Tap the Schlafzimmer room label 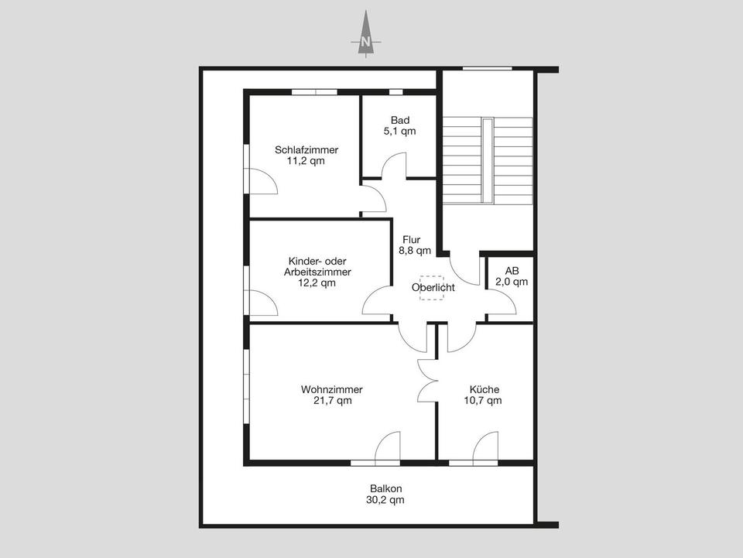coord(306,150)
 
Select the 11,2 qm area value coord(306,162)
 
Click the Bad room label coord(399,120)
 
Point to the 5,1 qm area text coord(399,132)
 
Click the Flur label coord(412,239)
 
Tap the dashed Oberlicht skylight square coord(432,287)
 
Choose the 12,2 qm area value coord(317,283)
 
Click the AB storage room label coord(512,271)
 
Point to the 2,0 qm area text coord(512,282)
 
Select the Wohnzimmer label coord(332,389)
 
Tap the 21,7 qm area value coord(332,401)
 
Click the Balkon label coord(385,488)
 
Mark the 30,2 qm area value coord(385,500)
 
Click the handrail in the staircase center coord(487,160)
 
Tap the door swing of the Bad coord(395,165)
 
